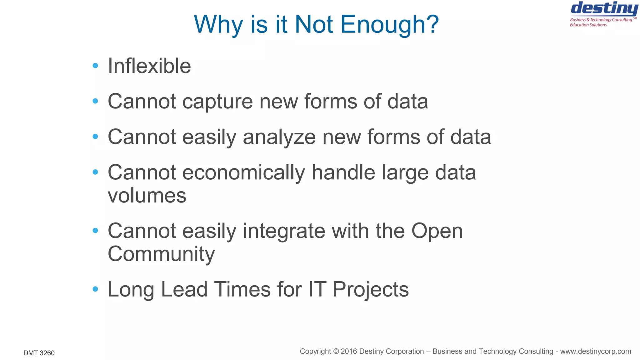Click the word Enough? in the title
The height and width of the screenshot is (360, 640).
tap(389, 25)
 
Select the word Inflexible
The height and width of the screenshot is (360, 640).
tap(149, 66)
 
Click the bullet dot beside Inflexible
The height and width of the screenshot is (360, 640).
tap(95, 66)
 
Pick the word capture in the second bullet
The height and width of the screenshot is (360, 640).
tap(217, 102)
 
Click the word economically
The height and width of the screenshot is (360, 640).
tap(243, 173)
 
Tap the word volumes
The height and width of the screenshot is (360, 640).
tap(147, 196)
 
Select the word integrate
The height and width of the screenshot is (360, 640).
tap(284, 231)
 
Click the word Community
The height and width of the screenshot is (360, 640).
tap(161, 254)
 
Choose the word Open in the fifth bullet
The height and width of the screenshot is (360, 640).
tap(437, 231)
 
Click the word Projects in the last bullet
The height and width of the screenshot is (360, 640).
tap(370, 289)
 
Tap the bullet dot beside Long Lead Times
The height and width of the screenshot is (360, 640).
tap(95, 289)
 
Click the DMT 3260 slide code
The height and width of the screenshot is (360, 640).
tap(39, 353)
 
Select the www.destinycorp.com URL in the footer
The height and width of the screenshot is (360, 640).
tap(595, 352)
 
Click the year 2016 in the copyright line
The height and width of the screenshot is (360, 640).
tap(349, 352)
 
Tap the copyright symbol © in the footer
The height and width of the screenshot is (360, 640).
tap(336, 352)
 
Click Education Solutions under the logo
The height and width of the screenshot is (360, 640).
tap(588, 25)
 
